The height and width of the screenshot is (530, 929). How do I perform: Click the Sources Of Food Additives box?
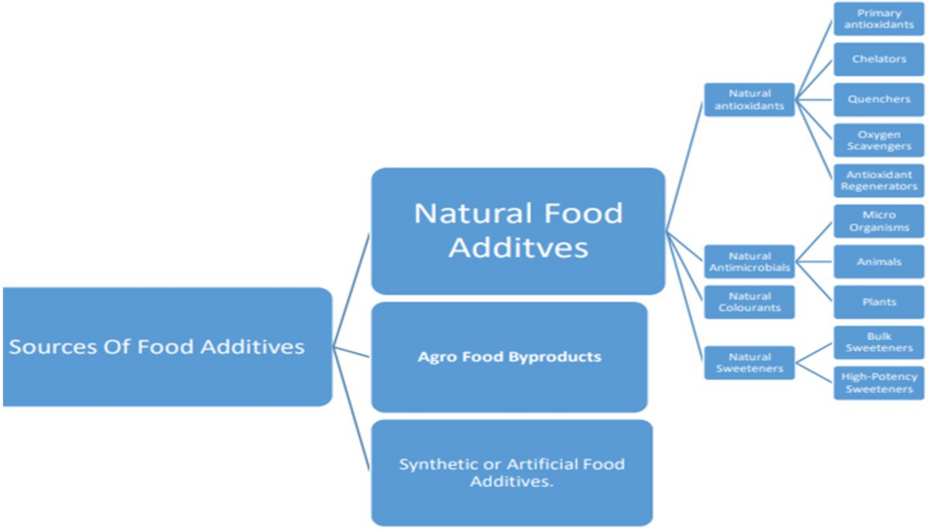(166, 347)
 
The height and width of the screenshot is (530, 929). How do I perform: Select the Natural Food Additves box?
(518, 231)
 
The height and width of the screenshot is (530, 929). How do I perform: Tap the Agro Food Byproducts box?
(509, 357)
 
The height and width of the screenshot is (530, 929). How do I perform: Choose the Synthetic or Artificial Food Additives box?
(511, 472)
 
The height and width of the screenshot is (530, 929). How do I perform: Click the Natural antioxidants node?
(749, 100)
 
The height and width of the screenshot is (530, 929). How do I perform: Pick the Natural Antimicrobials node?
(749, 262)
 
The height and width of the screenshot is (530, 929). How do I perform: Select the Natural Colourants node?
(749, 302)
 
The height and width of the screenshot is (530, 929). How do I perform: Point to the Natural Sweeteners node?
(749, 363)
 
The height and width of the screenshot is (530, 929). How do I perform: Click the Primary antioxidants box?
(879, 19)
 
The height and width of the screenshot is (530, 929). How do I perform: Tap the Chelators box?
(879, 59)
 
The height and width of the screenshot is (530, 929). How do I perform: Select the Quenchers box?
(879, 99)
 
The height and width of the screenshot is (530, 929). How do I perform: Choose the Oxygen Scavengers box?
(879, 140)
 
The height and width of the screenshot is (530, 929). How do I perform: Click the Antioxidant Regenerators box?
(879, 180)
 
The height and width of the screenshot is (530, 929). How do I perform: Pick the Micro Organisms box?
(879, 221)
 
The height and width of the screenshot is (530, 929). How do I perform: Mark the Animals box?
(879, 262)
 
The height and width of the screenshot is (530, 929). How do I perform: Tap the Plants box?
(879, 302)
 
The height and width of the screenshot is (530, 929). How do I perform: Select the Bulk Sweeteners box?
(879, 343)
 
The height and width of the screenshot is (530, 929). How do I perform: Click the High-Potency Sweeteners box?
(879, 383)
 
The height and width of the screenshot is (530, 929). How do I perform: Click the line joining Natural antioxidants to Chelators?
(814, 79)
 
